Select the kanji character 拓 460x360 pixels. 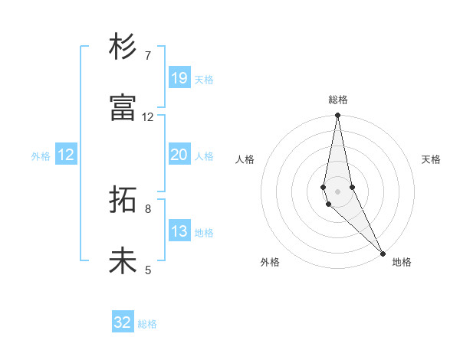point(123,201)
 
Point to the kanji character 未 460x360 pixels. point(123,261)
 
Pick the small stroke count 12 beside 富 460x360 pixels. point(148,117)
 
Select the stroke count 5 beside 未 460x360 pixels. point(148,270)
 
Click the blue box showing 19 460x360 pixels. point(179,77)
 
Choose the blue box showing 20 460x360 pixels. point(179,155)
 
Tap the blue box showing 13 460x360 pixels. point(179,231)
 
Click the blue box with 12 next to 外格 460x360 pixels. point(66,155)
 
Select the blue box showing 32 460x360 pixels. point(123,322)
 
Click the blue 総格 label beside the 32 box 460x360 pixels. point(147,324)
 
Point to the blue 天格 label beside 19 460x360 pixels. point(204,79)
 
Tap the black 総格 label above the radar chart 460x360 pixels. point(338,100)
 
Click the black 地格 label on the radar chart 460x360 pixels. point(402,262)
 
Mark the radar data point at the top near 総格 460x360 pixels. point(337,116)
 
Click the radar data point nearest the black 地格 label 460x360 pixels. point(382,253)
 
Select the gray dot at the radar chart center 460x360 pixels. point(337,191)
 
